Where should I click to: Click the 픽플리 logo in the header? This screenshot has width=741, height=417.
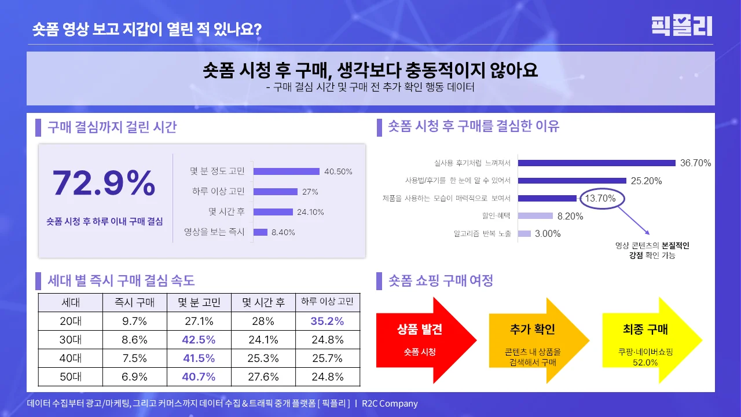[x=681, y=26]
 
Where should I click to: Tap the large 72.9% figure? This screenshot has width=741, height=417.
[x=104, y=184]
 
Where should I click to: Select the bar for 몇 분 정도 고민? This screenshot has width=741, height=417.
[x=286, y=171]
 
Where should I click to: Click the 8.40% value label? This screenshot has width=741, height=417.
[x=283, y=232]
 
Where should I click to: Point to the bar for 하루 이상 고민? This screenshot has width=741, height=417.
[x=275, y=192]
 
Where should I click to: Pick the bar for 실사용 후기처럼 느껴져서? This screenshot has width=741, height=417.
[x=597, y=163]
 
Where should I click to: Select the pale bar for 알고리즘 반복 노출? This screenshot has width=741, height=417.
[x=524, y=233]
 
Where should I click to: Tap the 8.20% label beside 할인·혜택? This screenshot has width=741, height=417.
[x=570, y=216]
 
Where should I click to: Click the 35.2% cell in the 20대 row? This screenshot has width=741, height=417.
[x=328, y=321]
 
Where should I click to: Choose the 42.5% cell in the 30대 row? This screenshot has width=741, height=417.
[x=199, y=339]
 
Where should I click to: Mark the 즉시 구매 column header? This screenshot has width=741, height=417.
[x=134, y=302]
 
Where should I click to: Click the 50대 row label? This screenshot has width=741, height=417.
[x=70, y=376]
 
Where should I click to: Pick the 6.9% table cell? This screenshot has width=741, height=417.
[x=134, y=376]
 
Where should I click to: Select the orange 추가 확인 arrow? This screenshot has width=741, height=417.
[x=533, y=340]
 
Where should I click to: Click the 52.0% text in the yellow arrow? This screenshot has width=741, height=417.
[x=645, y=363]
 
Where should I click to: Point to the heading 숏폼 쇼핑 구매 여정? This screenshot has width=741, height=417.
[x=441, y=281]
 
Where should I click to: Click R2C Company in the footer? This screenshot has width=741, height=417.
[x=390, y=404]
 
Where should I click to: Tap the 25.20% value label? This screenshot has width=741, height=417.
[x=646, y=181]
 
